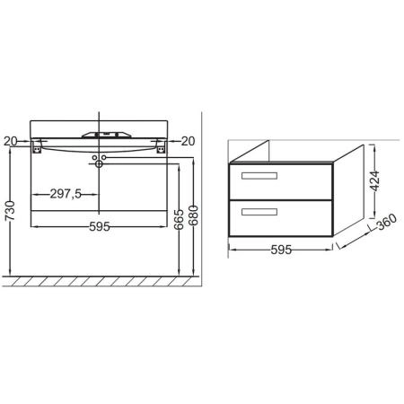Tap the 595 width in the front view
coord(99,227)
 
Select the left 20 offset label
coord(11,140)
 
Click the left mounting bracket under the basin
coord(37,148)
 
